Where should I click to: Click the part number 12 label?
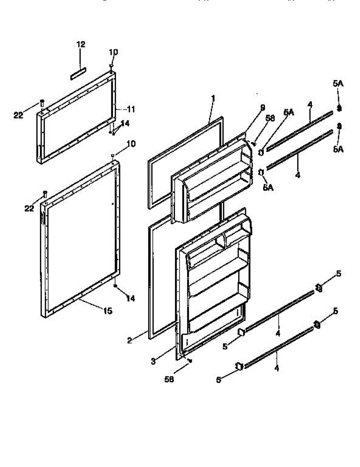81,44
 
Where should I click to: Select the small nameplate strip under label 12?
78,74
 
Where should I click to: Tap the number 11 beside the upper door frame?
131,109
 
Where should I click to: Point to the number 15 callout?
107,311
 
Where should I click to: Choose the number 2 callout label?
129,340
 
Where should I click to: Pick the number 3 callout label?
153,361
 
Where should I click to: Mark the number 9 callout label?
263,107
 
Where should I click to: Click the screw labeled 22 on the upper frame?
42,103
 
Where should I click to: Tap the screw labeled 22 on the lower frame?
45,193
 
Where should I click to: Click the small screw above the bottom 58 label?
190,360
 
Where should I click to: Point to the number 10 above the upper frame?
113,52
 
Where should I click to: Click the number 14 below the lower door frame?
130,298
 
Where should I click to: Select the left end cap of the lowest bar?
239,366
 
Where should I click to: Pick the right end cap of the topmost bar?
339,109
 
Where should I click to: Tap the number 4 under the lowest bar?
277,367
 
